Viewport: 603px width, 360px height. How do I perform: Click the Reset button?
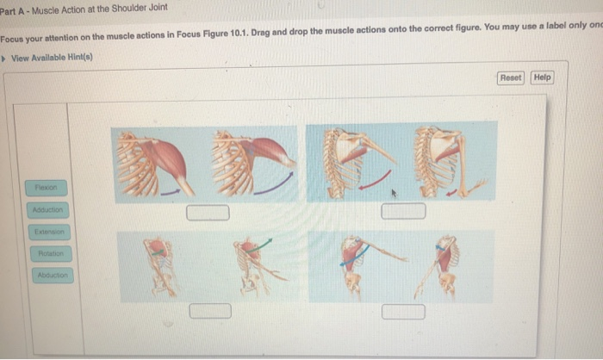point(511,78)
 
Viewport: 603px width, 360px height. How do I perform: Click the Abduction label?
point(53,276)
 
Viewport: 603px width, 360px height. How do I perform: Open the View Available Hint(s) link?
point(52,58)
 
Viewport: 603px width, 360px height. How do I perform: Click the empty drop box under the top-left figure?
point(209,213)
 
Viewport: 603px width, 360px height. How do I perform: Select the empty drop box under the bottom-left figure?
point(210,310)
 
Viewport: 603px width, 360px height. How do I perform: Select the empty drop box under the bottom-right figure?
point(403,310)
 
